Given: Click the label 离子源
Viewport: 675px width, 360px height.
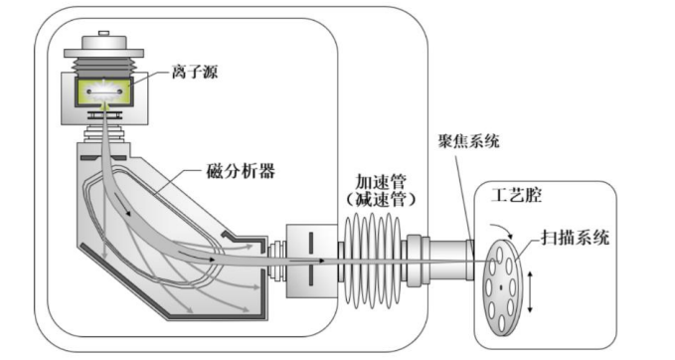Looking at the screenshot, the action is pyautogui.click(x=195, y=71).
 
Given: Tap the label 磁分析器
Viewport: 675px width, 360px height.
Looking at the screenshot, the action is pyautogui.click(x=241, y=171).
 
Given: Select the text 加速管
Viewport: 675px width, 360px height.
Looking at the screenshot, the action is pyautogui.click(x=381, y=181).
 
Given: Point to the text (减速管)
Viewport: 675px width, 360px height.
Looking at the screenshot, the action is pyautogui.click(x=381, y=199).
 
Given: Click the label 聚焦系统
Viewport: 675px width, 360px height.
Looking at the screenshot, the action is pyautogui.click(x=469, y=141).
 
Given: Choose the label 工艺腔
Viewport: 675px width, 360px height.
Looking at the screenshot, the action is pyautogui.click(x=517, y=196).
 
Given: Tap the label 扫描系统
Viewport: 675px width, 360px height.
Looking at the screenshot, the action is pyautogui.click(x=576, y=238).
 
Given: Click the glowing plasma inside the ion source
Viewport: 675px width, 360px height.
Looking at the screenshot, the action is pyautogui.click(x=104, y=91).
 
